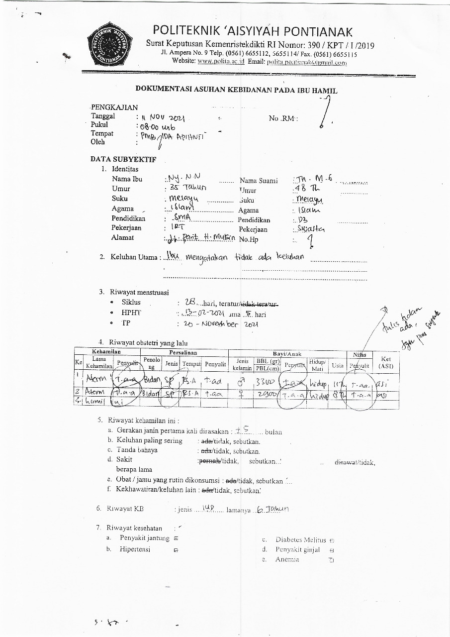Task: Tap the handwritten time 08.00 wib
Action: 155,127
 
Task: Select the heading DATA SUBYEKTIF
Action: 123,160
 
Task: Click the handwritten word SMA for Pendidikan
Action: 179,218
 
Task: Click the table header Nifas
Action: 360,355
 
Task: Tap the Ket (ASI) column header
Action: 385,362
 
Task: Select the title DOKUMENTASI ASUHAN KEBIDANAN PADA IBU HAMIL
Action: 237,91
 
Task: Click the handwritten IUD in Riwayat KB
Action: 208,508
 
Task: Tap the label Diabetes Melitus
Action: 300,539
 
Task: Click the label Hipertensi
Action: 135,549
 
